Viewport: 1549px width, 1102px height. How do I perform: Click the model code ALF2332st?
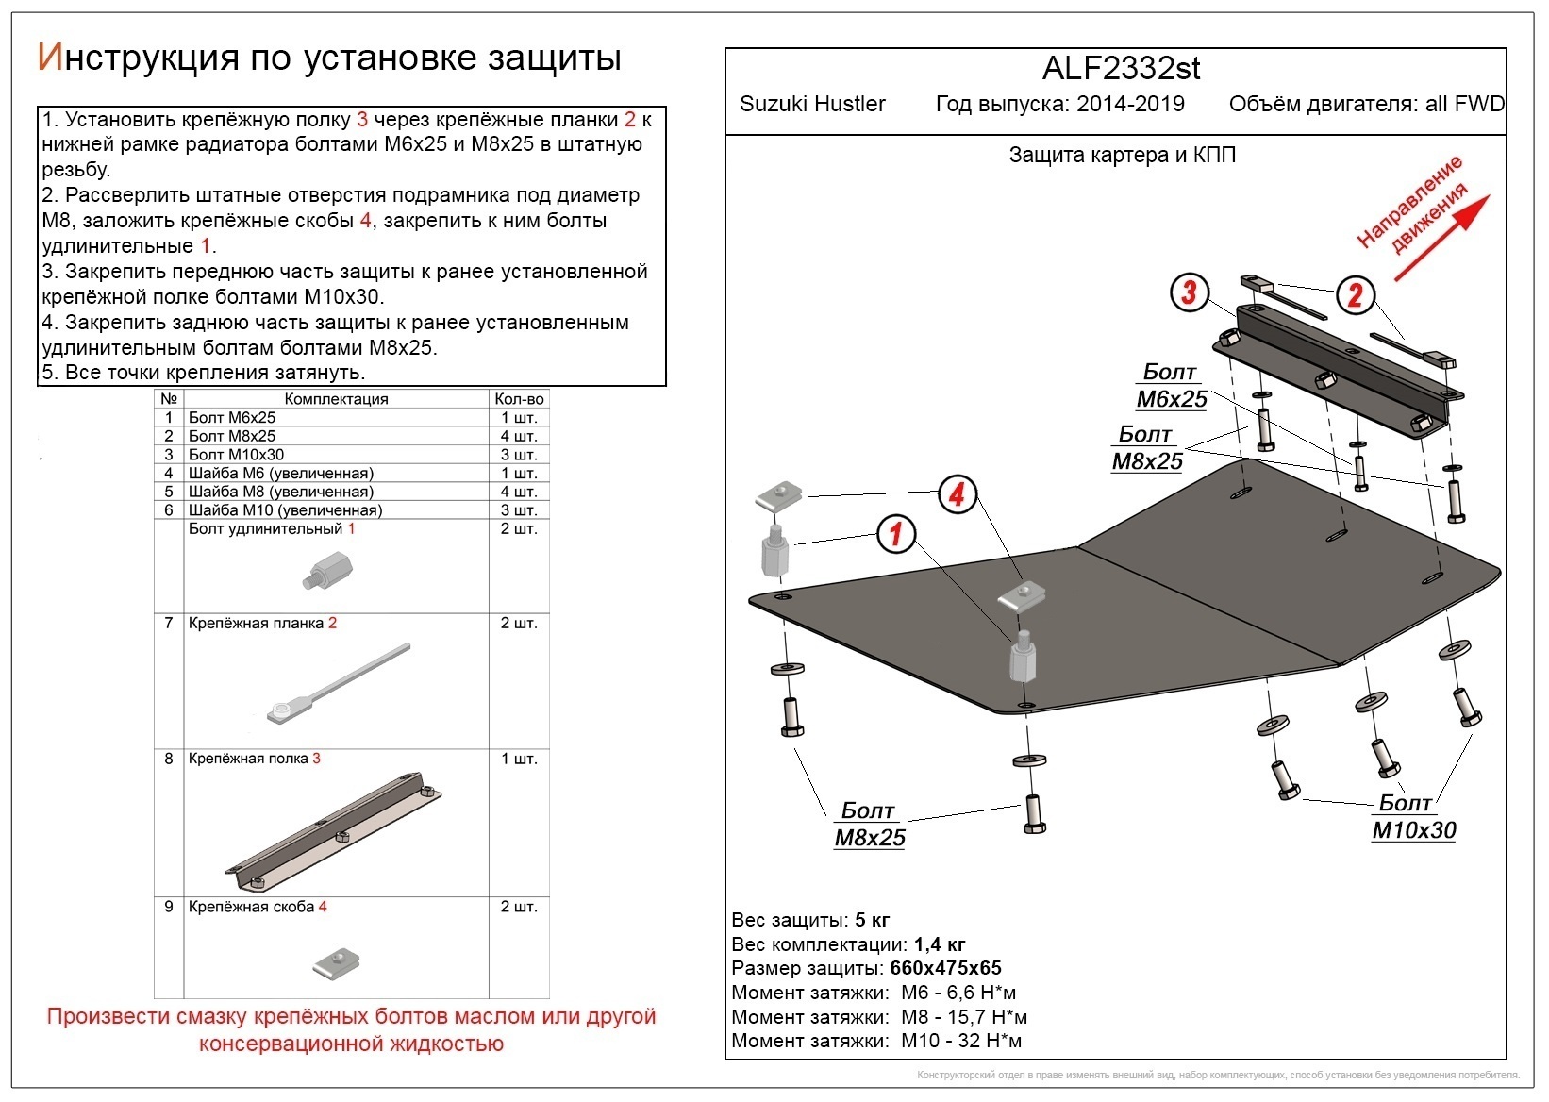click(1121, 69)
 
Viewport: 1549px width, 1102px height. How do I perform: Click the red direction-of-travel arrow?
click(1441, 238)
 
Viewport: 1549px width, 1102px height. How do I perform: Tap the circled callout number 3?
click(1189, 292)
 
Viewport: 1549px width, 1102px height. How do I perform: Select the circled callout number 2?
click(1355, 295)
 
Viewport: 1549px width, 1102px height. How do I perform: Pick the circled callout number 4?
click(957, 493)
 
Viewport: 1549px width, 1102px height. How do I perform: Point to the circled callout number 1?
click(896, 535)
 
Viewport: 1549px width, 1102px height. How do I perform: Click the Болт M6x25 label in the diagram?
click(1171, 386)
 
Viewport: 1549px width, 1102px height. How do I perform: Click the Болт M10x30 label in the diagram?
click(1412, 817)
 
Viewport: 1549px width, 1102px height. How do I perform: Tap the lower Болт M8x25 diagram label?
click(869, 825)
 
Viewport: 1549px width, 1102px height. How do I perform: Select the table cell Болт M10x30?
click(236, 455)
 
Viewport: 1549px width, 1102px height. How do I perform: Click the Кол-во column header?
click(518, 399)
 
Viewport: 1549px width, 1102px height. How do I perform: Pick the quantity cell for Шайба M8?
click(518, 492)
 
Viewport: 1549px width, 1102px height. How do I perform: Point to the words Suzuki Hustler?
click(812, 105)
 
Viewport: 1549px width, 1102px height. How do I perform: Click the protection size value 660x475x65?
click(945, 968)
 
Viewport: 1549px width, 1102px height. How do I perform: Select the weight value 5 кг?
click(872, 920)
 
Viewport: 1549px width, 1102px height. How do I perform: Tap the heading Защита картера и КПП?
click(1122, 156)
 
